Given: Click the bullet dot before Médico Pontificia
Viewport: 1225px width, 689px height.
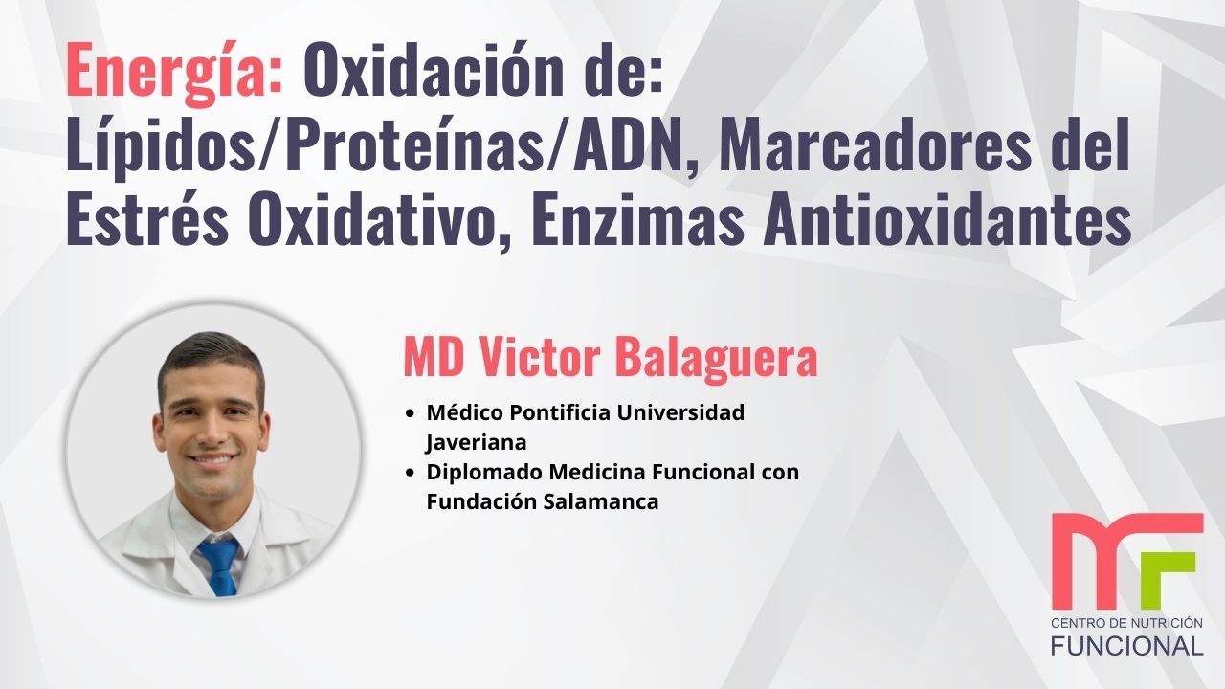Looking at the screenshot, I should tap(411, 414).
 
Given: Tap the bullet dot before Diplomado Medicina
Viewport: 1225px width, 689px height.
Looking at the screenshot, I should tap(411, 473).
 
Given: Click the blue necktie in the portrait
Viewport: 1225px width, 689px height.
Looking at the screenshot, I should tap(219, 566).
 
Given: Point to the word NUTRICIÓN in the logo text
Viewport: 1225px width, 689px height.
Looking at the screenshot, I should tap(1162, 623).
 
